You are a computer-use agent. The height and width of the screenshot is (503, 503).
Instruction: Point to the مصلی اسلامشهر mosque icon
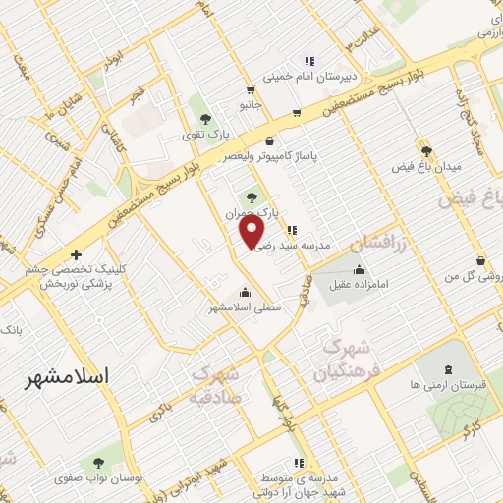pos(245,291)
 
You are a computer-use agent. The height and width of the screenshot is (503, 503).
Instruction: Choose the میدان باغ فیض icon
pos(426,150)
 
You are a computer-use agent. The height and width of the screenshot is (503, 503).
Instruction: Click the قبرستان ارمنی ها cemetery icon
pos(448,369)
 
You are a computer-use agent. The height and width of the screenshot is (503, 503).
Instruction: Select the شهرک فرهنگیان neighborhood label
pos(344,360)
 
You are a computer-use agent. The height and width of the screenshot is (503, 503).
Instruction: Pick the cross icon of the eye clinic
pos(76,254)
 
